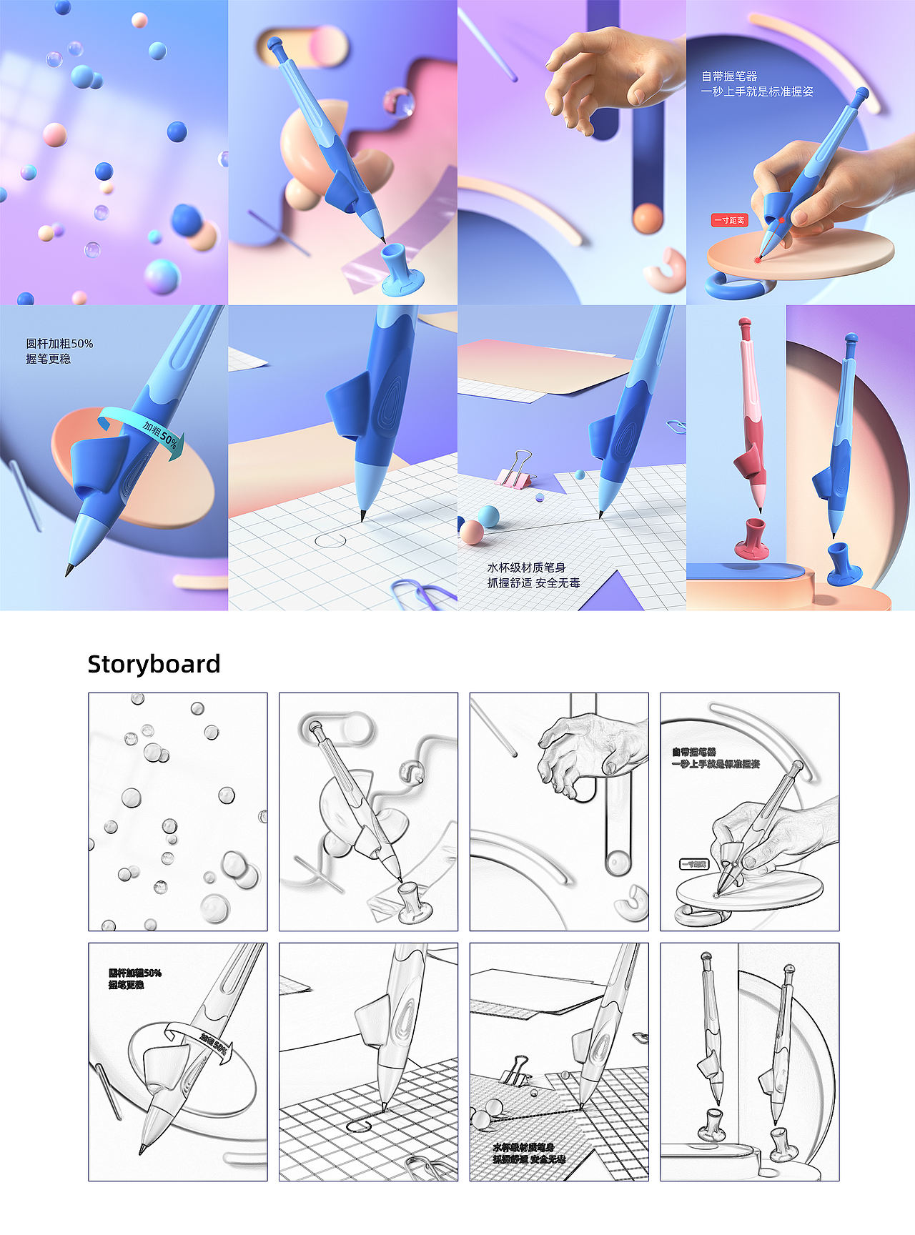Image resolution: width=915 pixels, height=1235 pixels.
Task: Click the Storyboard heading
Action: (x=154, y=664)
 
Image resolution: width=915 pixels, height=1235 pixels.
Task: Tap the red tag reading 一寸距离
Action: (x=728, y=220)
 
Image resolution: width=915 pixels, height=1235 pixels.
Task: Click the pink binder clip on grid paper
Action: (x=515, y=470)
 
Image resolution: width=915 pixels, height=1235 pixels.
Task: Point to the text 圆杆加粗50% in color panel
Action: (x=59, y=344)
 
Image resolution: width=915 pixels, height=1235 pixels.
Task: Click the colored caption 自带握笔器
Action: (x=729, y=76)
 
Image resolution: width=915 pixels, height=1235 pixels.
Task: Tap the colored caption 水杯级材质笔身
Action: (x=526, y=567)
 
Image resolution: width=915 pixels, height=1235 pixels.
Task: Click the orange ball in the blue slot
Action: (x=648, y=218)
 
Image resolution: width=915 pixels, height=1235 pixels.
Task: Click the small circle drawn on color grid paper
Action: (x=330, y=540)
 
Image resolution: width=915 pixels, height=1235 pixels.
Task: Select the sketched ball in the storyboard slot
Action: (x=618, y=863)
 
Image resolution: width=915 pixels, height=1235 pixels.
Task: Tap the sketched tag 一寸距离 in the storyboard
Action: (x=693, y=864)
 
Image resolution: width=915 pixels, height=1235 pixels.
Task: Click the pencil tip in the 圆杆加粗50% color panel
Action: (x=69, y=570)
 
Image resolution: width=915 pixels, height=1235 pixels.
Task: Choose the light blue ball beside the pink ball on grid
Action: (x=488, y=515)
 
